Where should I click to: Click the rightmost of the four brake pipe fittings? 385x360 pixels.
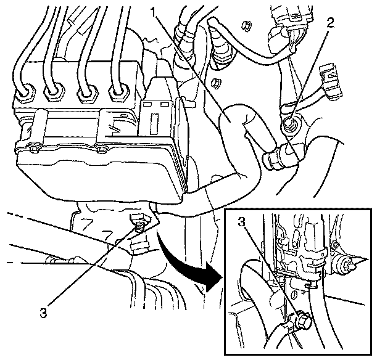[117, 94]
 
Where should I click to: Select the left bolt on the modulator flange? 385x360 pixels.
[32, 149]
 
